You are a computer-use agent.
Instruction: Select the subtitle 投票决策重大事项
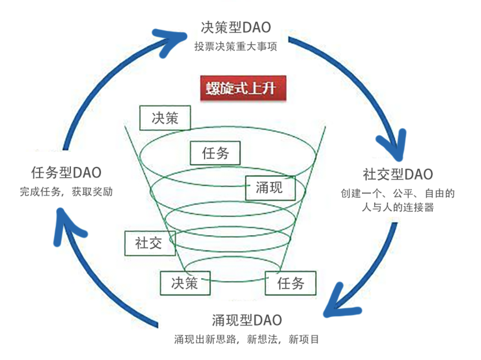click(236, 46)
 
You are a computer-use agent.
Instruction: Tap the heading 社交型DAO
click(398, 174)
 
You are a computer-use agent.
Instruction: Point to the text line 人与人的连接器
click(398, 207)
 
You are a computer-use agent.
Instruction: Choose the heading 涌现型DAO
click(247, 320)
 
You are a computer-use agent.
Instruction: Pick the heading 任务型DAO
click(66, 173)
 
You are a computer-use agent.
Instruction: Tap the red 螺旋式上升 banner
click(243, 88)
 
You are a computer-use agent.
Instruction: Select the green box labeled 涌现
click(270, 188)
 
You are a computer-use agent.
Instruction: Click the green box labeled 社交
click(150, 243)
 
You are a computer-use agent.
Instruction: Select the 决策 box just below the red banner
click(165, 118)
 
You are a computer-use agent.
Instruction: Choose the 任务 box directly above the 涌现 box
click(215, 153)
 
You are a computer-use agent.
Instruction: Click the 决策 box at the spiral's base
click(185, 283)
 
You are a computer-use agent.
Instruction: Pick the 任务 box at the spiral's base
click(291, 283)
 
